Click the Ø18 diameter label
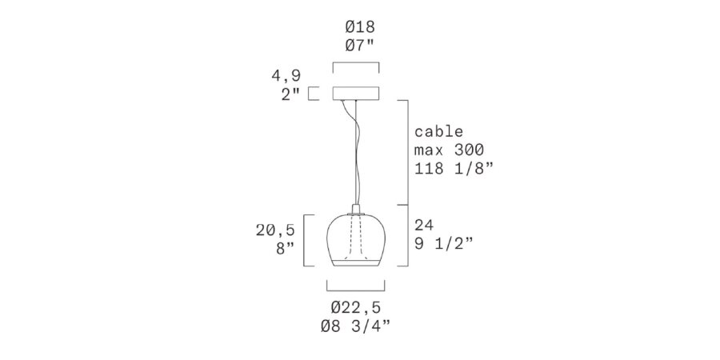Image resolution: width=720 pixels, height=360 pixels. (x=360, y=27)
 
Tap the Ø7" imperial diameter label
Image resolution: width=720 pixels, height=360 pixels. (x=360, y=46)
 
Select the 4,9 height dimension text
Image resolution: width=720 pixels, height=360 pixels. (x=286, y=76)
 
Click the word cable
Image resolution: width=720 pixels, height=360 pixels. (x=439, y=131)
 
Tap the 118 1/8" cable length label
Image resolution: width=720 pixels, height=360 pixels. (x=454, y=169)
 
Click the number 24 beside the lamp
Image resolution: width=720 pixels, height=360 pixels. (x=424, y=225)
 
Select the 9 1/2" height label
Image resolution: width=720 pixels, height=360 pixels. (x=443, y=243)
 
